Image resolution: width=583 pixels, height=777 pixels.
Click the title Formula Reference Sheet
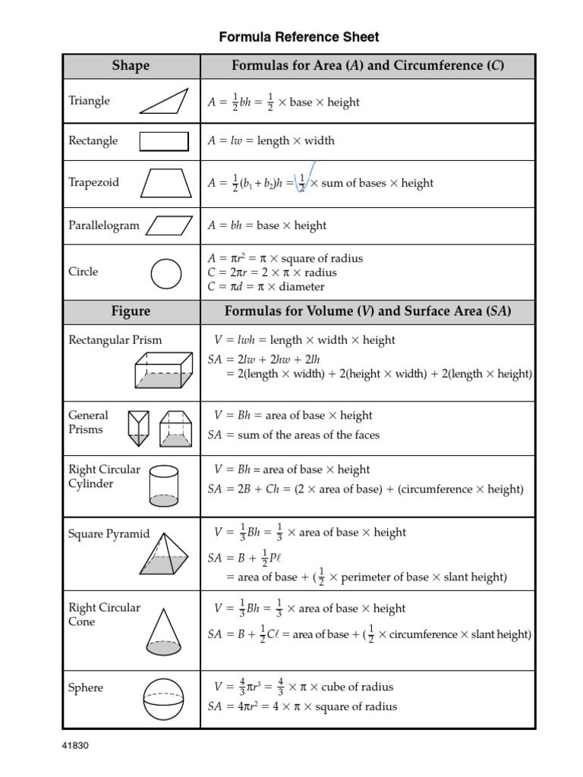coord(299,36)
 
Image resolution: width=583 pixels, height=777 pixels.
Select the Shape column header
coord(131,66)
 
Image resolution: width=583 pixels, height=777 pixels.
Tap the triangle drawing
coord(164,101)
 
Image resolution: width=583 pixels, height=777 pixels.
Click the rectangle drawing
coord(164,141)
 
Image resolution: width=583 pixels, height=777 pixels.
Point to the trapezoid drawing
coord(166,183)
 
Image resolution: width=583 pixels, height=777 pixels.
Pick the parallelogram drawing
coord(169,225)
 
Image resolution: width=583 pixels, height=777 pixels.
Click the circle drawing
coord(166,274)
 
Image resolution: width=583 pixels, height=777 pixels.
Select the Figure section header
coord(131,311)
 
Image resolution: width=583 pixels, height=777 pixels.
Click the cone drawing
coord(163,630)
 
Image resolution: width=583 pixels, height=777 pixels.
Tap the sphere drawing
coord(163,698)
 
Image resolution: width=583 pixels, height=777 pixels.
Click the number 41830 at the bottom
coord(76,745)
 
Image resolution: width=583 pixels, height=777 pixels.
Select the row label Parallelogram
coord(104,225)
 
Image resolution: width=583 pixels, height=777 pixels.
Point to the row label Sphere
coord(86,687)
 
